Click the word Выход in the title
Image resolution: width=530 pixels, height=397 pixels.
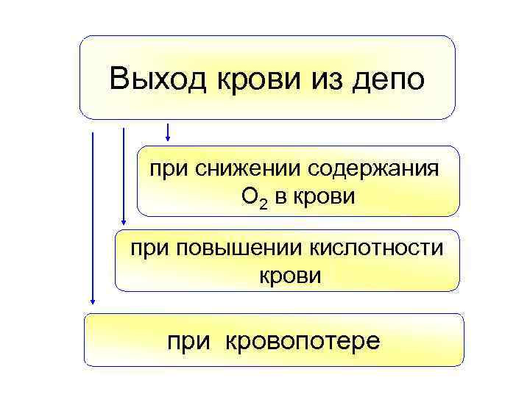pyautogui.click(x=158, y=79)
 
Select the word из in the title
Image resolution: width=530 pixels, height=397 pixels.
pyautogui.click(x=322, y=79)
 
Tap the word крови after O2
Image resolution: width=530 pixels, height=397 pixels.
pyautogui.click(x=325, y=197)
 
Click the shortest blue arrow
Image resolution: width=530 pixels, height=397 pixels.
pyautogui.click(x=169, y=132)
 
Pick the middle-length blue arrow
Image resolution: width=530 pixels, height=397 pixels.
pyautogui.click(x=124, y=177)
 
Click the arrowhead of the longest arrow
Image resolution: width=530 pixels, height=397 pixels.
pyautogui.click(x=93, y=299)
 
